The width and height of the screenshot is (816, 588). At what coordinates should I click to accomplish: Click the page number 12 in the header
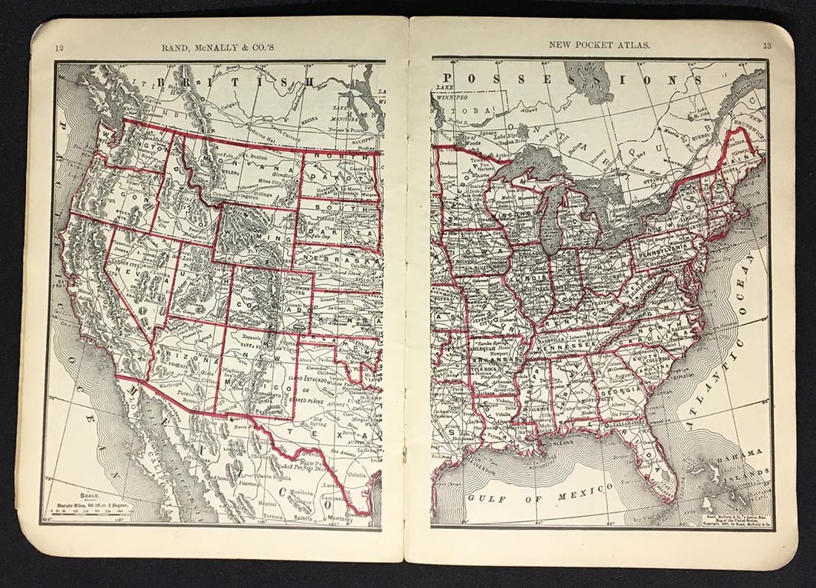(59, 50)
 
